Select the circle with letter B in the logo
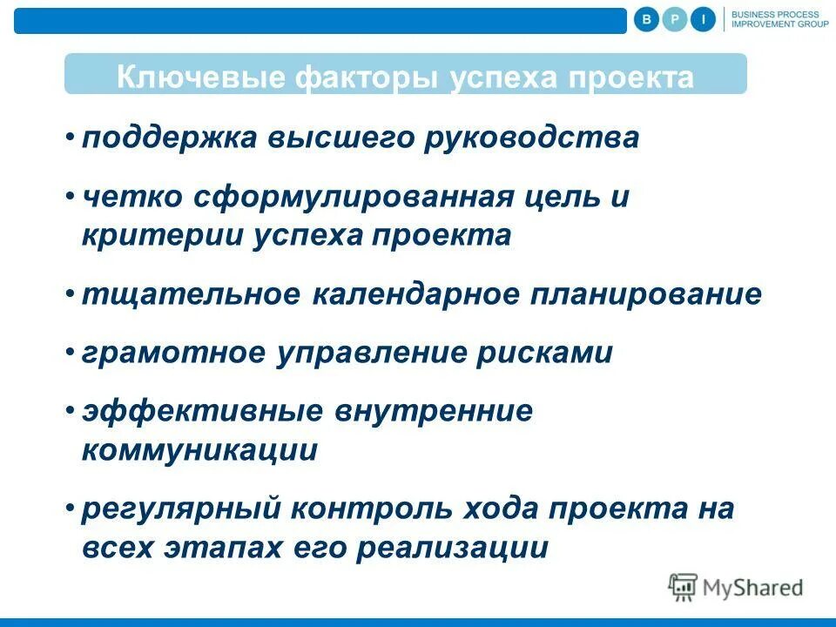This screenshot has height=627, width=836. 646,19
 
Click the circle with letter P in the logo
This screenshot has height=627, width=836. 675,19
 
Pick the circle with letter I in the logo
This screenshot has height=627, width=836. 704,19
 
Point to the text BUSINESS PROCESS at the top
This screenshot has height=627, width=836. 774,14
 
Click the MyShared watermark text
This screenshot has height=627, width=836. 752,588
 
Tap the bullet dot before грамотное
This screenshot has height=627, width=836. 70,352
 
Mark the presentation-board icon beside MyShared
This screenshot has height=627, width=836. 684,588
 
